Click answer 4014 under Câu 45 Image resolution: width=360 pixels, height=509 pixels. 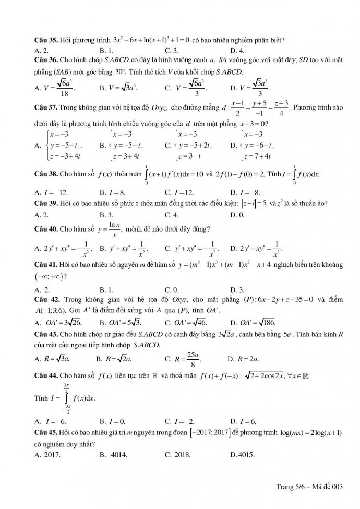coord(114,454)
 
